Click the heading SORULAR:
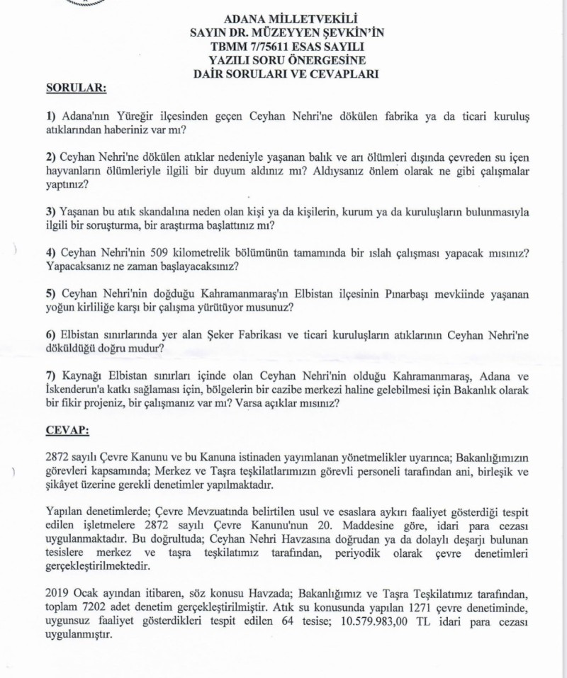(76, 89)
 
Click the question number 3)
(50, 212)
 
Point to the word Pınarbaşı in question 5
(404, 294)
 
